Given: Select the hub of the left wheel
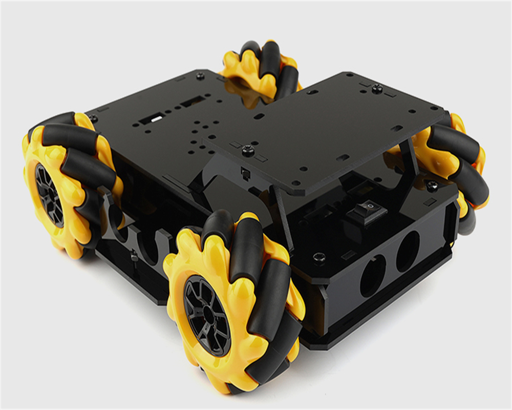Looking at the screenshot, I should (x=48, y=195).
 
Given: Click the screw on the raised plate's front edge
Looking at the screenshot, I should (x=249, y=150).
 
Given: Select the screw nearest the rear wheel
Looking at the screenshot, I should (x=200, y=76).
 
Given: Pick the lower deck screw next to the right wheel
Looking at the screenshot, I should (x=433, y=185).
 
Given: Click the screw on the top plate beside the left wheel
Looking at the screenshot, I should (x=93, y=118).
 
